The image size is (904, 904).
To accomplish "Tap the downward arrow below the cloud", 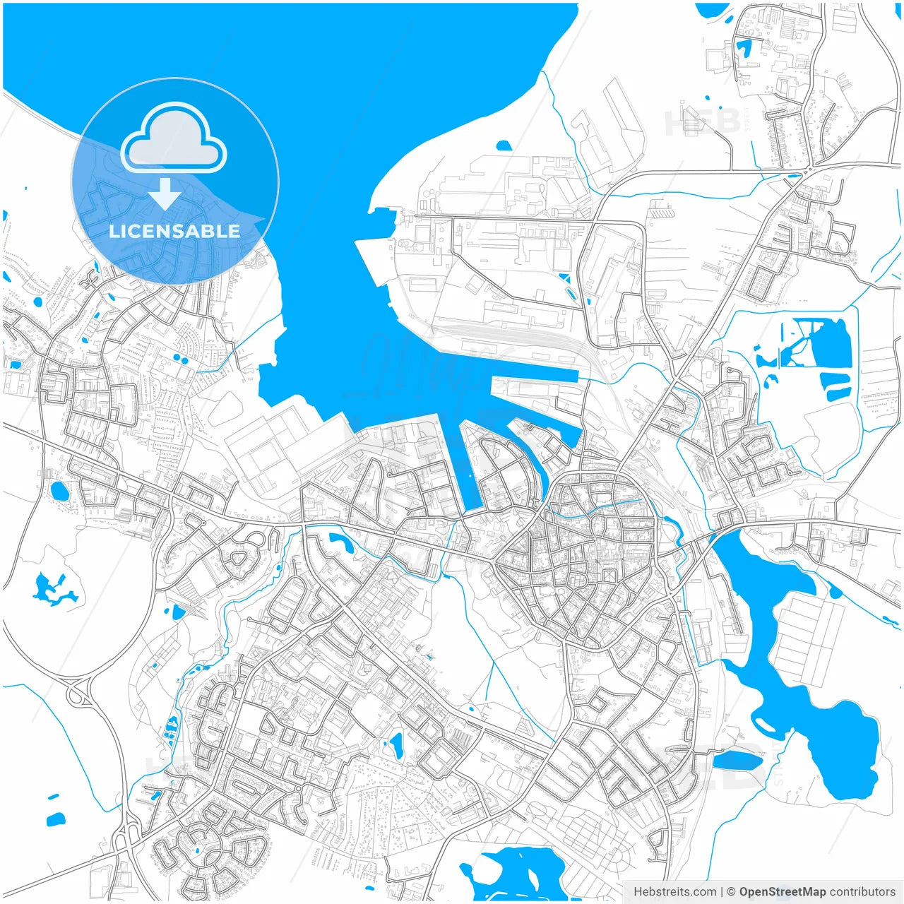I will [x=165, y=194].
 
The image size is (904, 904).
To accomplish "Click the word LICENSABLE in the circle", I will [x=174, y=231].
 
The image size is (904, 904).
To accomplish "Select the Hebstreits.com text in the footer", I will [x=674, y=892].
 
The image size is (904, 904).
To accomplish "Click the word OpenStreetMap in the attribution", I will [x=783, y=892].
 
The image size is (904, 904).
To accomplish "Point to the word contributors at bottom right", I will [x=862, y=892].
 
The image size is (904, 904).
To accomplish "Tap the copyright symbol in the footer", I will [x=732, y=892].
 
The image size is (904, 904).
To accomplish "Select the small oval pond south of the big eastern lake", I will [x=738, y=761].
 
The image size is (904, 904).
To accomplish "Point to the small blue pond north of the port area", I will [x=504, y=146].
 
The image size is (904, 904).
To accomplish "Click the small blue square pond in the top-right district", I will [x=744, y=48].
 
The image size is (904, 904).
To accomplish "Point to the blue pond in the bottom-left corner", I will [x=56, y=820].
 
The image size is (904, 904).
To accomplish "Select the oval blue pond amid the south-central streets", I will [x=396, y=744].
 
